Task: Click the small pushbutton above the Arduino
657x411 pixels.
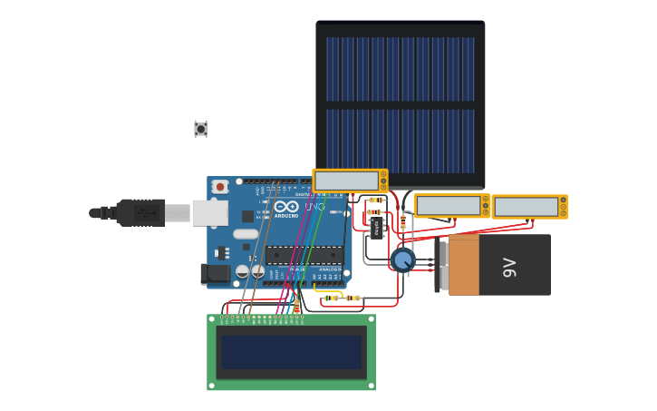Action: [200, 129]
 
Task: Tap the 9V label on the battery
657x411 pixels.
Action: [509, 266]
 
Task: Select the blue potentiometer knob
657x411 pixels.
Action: [402, 260]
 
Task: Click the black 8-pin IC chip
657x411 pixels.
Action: [377, 227]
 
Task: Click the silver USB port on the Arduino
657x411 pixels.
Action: [209, 213]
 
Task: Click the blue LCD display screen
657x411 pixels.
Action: [291, 352]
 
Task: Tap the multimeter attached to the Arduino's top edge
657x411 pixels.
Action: [350, 181]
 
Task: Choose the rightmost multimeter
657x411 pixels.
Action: [529, 207]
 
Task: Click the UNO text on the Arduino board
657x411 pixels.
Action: [314, 207]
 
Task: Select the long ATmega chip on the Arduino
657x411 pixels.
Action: [303, 255]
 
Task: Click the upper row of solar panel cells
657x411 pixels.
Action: [400, 69]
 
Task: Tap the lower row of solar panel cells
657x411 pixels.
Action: [400, 142]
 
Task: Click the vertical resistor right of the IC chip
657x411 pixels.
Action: [403, 222]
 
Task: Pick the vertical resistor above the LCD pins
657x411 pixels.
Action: [296, 307]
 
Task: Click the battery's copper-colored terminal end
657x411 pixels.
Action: [464, 265]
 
